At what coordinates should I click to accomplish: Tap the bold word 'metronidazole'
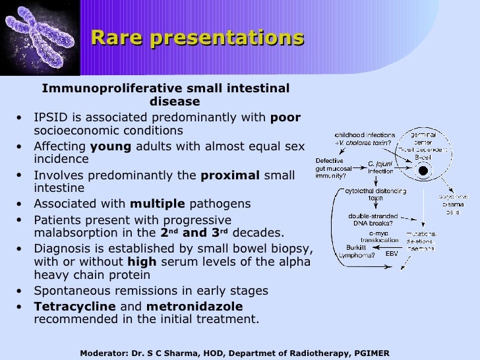point(195,307)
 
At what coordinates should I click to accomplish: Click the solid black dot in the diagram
point(423,171)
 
